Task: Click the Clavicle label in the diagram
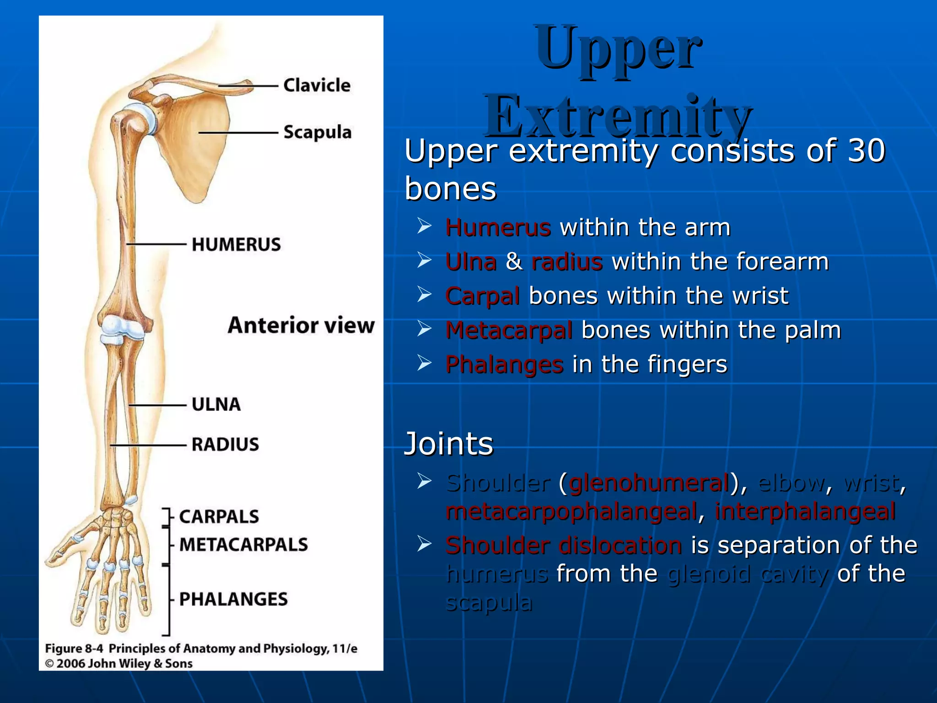[317, 86]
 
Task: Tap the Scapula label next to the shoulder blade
[318, 132]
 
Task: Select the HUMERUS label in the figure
[236, 244]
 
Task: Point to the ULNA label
[216, 405]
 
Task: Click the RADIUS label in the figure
[225, 444]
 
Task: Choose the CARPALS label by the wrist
[219, 517]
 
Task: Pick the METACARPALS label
[243, 545]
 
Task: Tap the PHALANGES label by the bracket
[233, 599]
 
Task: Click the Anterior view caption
[301, 325]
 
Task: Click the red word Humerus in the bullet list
[498, 227]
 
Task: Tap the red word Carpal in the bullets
[482, 296]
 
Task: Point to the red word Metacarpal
[509, 330]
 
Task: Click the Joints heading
[448, 443]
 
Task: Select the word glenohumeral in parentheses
[649, 483]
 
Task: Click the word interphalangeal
[805, 511]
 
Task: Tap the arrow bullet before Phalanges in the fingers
[424, 363]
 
